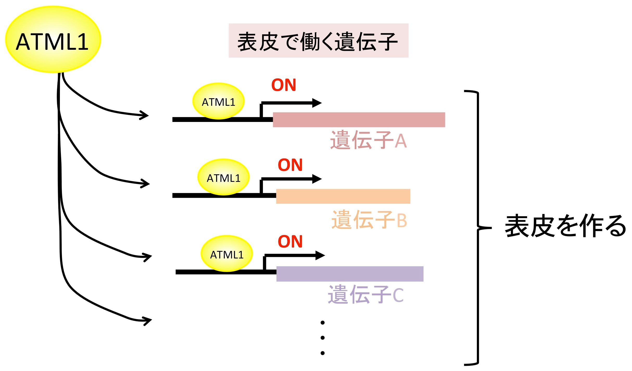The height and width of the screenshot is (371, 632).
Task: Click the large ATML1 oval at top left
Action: [x=53, y=40]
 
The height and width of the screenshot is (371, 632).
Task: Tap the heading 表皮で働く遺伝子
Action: [x=318, y=41]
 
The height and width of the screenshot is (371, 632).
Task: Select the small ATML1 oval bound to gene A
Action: [x=218, y=101]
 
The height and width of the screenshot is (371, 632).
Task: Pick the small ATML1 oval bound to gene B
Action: [x=223, y=177]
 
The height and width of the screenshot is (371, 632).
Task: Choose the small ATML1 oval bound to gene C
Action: [x=227, y=254]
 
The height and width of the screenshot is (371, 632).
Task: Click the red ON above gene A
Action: [x=283, y=85]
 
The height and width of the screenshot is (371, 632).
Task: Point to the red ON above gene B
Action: [x=290, y=165]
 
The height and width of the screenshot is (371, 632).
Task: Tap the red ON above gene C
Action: [x=290, y=242]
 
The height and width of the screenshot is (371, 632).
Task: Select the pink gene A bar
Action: [x=359, y=120]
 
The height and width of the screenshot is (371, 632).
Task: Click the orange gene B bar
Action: [x=343, y=196]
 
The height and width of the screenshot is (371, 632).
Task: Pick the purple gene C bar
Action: [x=350, y=274]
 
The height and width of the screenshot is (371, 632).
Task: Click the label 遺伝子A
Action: [x=368, y=140]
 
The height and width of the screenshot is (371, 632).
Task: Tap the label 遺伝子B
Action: [x=369, y=220]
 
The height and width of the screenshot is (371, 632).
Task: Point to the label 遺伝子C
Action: [x=366, y=295]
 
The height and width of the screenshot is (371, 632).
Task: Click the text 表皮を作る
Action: [x=565, y=226]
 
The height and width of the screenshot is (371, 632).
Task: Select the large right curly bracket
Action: [x=478, y=228]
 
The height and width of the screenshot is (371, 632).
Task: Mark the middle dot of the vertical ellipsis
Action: [x=323, y=338]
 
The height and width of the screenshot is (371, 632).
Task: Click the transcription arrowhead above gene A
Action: [x=317, y=103]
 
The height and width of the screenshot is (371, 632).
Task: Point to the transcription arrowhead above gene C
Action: [x=320, y=255]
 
